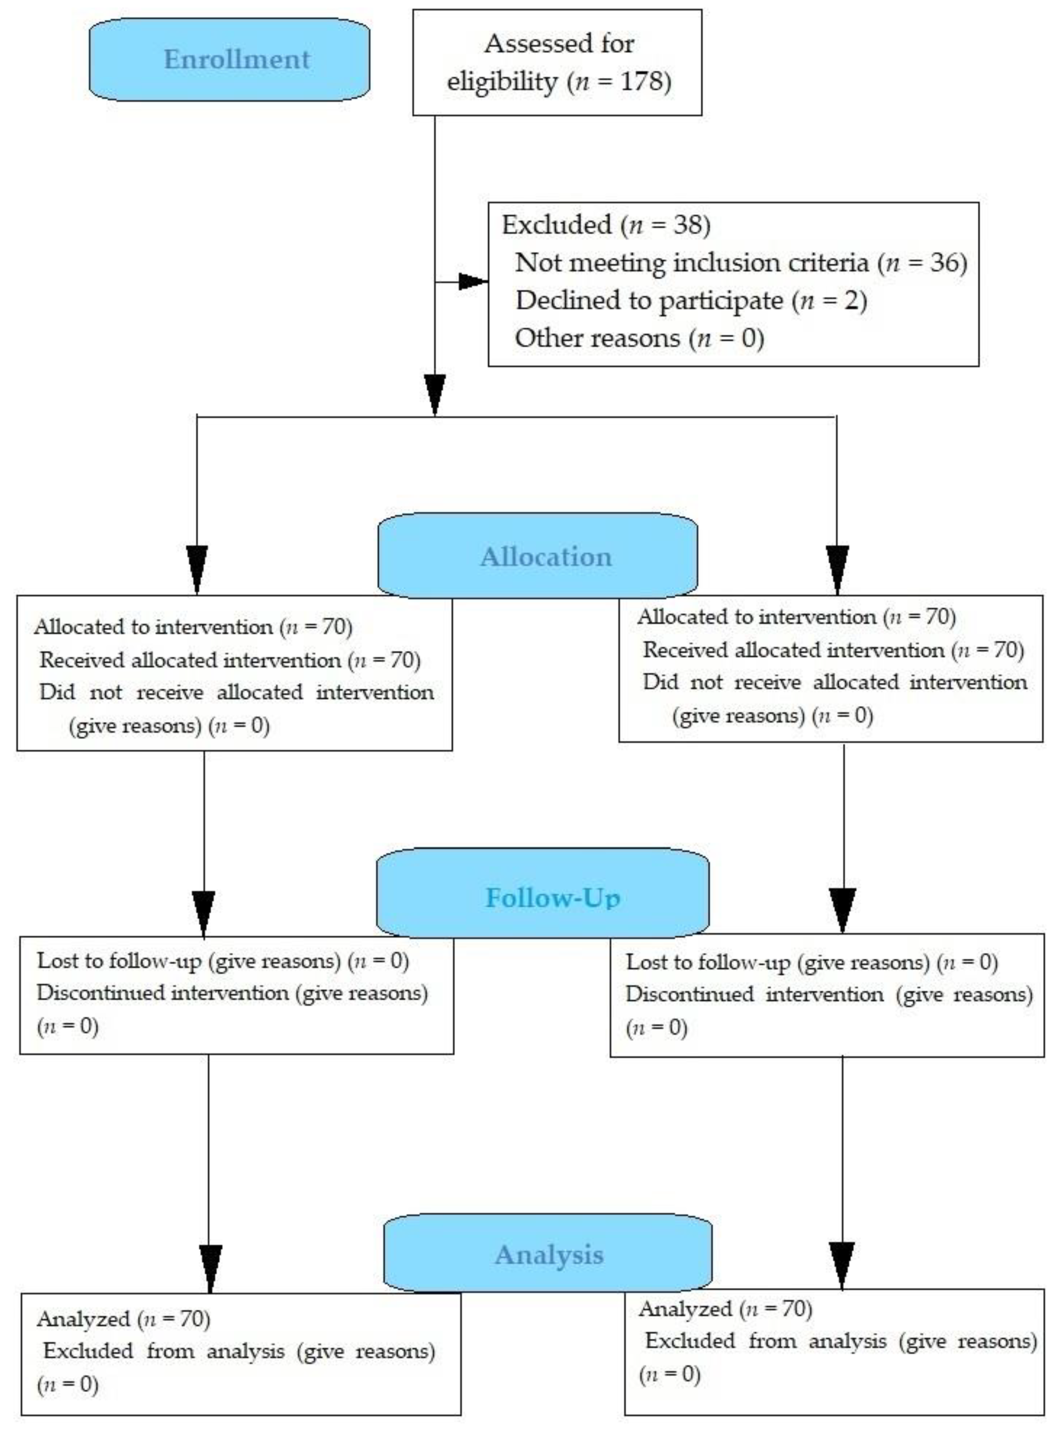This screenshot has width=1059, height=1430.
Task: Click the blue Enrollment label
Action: [237, 60]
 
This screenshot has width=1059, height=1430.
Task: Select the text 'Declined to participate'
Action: [649, 300]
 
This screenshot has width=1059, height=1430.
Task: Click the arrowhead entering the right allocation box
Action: [837, 569]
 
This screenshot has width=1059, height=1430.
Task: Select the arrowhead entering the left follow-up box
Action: [204, 912]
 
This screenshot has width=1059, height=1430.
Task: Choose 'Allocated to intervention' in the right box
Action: [756, 617]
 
